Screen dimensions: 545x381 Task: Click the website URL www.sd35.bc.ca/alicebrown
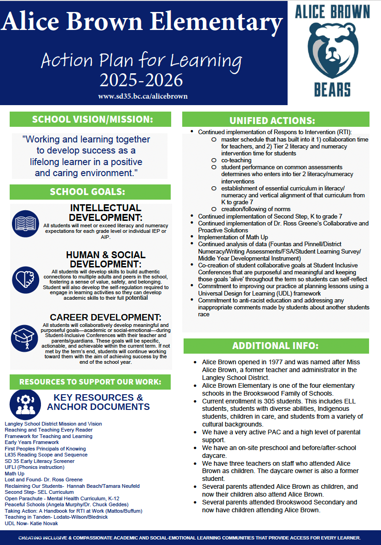pos(143,96)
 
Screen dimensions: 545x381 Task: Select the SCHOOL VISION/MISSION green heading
pos(90,119)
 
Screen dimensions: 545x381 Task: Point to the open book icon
pos(26,223)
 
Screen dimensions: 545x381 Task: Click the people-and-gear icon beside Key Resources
pos(25,403)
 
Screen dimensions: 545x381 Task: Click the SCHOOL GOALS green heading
pos(90,192)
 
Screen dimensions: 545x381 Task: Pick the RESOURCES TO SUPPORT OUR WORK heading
pos(90,382)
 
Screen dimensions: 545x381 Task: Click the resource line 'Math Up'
pos(14,474)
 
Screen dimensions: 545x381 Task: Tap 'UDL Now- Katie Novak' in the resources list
pos(31,523)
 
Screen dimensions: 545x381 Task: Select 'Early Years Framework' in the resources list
pos(32,442)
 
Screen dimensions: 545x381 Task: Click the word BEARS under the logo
pos(332,89)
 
